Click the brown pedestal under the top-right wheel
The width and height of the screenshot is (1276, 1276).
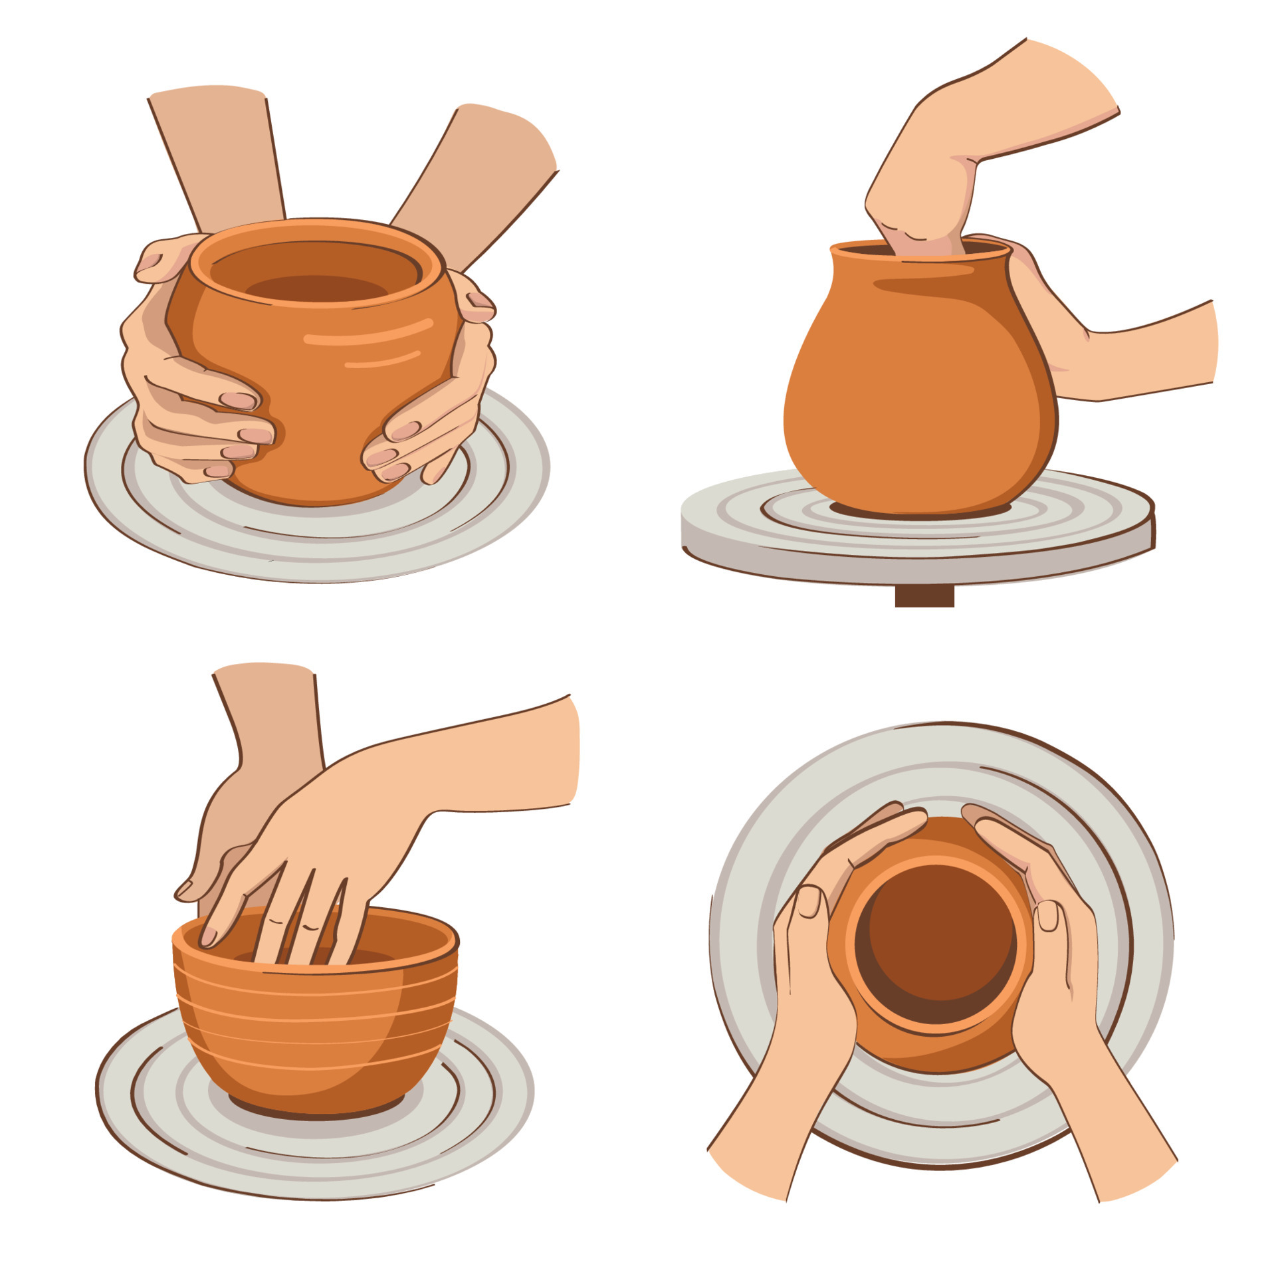[924, 596]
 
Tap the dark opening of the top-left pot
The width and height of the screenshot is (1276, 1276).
[316, 288]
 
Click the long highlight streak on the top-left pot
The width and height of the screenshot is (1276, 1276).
[370, 333]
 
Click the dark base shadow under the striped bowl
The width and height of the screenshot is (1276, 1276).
[316, 1114]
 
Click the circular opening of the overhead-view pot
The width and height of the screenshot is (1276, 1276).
[936, 944]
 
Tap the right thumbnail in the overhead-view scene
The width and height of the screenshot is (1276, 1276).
[1047, 915]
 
